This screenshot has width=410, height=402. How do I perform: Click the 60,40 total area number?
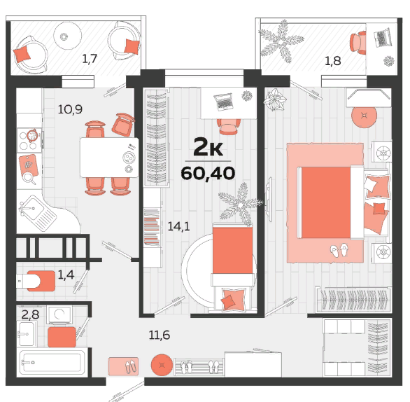208,173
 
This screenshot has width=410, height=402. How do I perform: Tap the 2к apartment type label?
208,148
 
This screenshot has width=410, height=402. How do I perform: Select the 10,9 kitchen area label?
70,109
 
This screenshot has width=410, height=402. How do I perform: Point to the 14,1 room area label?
178,226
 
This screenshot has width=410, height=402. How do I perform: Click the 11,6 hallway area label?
160,335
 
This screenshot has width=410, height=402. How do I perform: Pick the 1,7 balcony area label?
90,59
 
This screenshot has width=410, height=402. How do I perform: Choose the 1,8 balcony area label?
333,61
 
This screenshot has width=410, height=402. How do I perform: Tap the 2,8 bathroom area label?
30,314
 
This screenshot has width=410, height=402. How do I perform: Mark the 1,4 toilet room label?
66,275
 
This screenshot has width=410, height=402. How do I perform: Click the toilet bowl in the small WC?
28,281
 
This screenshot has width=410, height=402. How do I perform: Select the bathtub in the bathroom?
52,363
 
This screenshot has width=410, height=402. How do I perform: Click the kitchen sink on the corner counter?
32,209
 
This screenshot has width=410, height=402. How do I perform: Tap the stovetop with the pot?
29,140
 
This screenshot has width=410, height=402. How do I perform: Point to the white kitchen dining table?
109,158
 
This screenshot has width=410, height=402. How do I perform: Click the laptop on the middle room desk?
224,102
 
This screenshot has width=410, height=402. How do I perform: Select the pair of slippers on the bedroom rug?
339,251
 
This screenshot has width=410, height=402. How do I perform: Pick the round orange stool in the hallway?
162,365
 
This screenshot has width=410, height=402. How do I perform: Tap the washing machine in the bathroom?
59,314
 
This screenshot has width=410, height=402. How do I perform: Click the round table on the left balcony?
68,36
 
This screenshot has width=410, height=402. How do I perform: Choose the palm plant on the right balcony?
281,42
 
